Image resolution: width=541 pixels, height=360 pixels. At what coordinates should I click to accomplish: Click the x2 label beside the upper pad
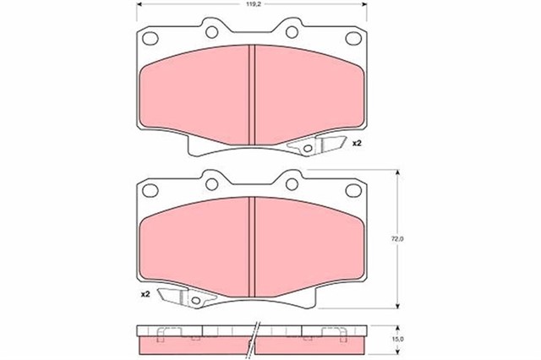point(357,144)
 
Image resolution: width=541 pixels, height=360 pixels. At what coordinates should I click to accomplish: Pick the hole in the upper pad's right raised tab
point(292,32)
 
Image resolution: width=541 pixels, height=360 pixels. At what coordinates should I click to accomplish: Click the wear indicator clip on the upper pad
point(319,146)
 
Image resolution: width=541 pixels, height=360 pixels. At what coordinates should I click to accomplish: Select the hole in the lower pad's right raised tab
point(292,183)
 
